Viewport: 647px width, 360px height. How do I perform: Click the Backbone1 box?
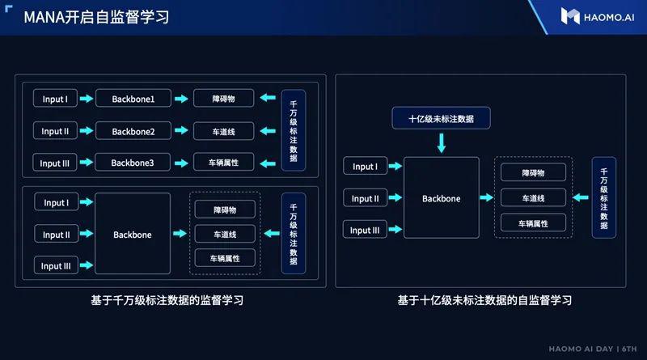133,98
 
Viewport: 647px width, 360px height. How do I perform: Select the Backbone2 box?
133,131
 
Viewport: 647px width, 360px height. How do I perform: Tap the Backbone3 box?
133,163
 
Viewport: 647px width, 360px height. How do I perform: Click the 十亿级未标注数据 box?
441,118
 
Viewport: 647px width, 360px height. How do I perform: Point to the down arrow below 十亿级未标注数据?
442,143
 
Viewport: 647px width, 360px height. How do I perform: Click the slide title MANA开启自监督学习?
96,17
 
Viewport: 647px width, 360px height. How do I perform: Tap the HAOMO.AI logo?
597,17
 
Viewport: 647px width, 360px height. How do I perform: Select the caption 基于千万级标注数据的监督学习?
167,300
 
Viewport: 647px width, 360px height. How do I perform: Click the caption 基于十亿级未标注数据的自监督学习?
484,300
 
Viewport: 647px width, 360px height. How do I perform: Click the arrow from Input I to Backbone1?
87,98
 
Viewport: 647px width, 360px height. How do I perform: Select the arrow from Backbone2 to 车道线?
181,130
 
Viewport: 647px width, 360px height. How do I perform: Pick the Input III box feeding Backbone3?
55,163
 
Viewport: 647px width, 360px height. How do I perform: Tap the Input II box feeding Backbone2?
55,131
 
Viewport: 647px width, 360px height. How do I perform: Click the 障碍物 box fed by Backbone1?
224,98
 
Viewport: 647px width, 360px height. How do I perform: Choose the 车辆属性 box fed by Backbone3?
224,163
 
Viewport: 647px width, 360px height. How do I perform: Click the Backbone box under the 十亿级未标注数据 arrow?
442,197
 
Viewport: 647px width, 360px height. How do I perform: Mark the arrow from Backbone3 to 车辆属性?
181,163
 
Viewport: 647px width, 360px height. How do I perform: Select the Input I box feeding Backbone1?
55,98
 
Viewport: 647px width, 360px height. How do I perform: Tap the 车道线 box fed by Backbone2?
224,131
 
